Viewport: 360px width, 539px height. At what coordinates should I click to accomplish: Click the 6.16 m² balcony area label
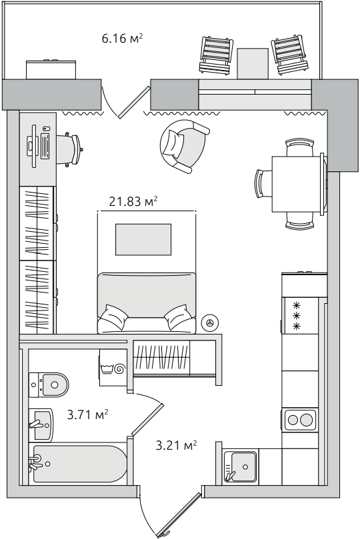pos(122,38)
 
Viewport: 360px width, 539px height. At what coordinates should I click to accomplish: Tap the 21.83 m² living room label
pos(133,201)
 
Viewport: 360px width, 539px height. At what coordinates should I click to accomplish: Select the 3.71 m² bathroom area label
pos(87,414)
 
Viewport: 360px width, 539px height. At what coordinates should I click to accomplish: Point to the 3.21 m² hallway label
pos(176,445)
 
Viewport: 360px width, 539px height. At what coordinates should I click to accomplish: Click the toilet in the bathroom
pos(49,384)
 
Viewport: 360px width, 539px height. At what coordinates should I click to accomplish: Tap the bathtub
pos(79,464)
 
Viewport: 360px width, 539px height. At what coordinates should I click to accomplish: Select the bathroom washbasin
pos(41,425)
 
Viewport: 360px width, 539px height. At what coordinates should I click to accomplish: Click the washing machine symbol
pos(113,368)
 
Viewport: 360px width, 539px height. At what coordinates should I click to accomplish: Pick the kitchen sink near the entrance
pos(241,466)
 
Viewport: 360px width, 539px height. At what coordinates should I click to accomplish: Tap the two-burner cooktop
pos(300,419)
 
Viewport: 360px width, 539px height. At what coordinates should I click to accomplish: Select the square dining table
pos(297,185)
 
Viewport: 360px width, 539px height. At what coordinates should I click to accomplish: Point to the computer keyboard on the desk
pos(45,146)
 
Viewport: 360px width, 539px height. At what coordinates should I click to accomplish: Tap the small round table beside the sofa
pos(209,322)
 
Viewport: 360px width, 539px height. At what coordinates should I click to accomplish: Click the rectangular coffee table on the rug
pos(143,239)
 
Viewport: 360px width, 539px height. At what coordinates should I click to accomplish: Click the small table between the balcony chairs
pos(253,63)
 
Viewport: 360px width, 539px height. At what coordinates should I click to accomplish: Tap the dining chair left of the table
pos(263,183)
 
